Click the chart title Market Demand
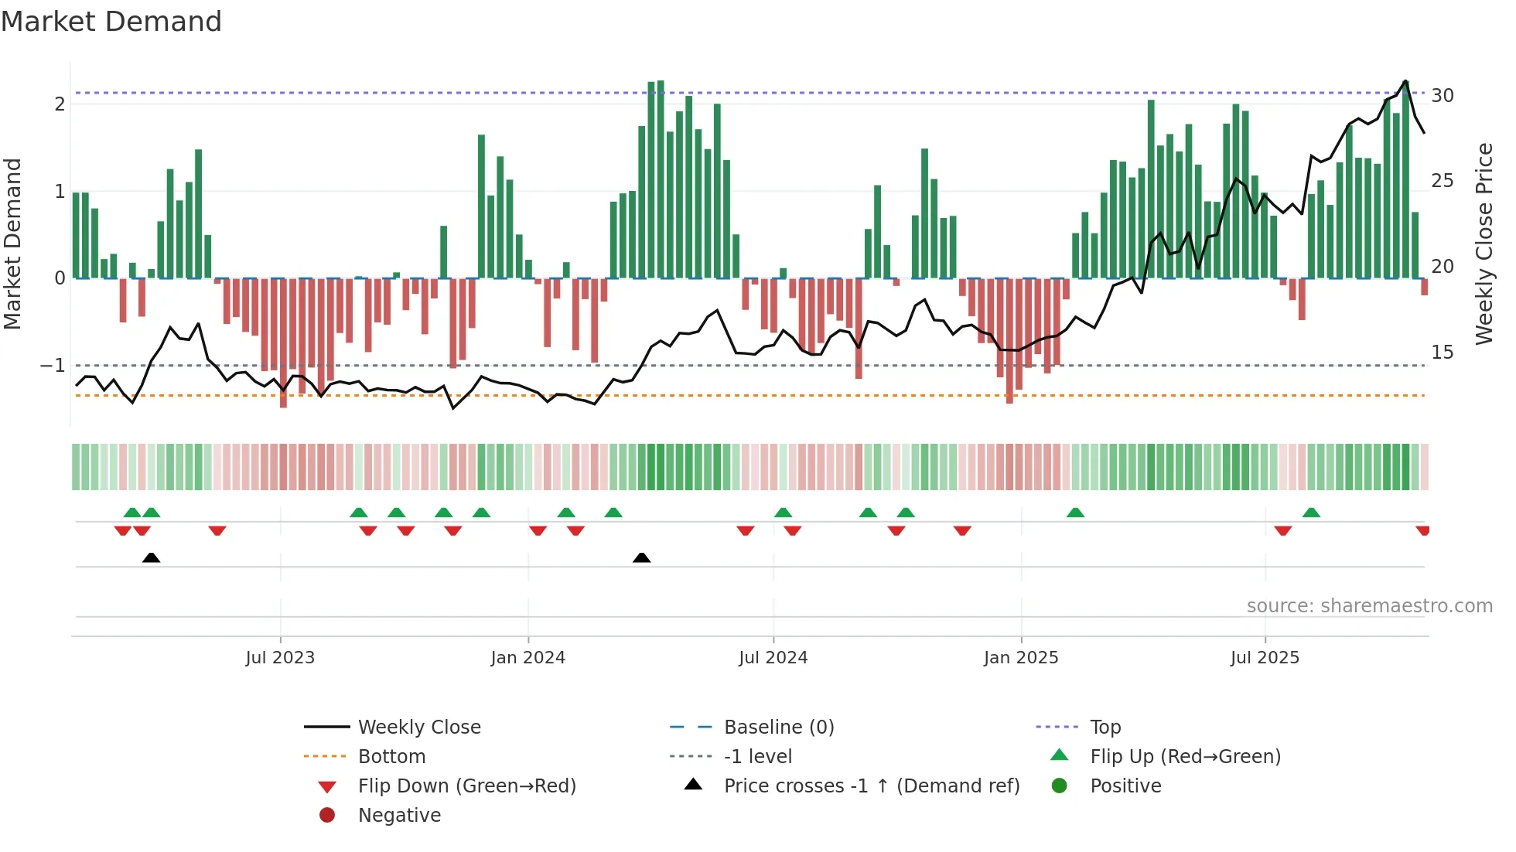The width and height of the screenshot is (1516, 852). pyautogui.click(x=111, y=22)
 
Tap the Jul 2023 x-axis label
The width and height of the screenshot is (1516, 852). pyautogui.click(x=280, y=658)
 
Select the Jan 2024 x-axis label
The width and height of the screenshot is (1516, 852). pyautogui.click(x=528, y=658)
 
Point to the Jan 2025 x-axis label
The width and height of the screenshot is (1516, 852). pyautogui.click(x=1021, y=658)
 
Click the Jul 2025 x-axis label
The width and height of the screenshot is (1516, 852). pyautogui.click(x=1265, y=658)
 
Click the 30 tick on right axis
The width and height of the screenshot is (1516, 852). pyautogui.click(x=1443, y=96)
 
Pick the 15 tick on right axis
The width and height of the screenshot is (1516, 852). pyautogui.click(x=1443, y=353)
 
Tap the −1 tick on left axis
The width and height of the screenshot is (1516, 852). pyautogui.click(x=53, y=365)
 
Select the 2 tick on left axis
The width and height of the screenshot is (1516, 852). pyautogui.click(x=60, y=104)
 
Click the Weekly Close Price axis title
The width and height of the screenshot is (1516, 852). pyautogui.click(x=1484, y=244)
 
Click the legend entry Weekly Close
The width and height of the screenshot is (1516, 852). pyautogui.click(x=419, y=728)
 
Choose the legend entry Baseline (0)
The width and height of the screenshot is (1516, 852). pyautogui.click(x=779, y=728)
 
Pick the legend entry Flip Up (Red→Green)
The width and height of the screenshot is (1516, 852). pyautogui.click(x=1185, y=757)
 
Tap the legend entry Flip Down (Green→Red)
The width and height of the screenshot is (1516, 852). pyautogui.click(x=466, y=786)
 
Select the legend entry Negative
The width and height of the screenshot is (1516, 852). pyautogui.click(x=399, y=816)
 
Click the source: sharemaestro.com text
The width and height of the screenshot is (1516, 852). pyautogui.click(x=1369, y=606)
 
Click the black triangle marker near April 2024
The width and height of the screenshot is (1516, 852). pyautogui.click(x=641, y=557)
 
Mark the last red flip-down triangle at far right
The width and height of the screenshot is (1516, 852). pyautogui.click(x=1423, y=530)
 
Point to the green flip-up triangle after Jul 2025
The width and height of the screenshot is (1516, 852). pyautogui.click(x=1311, y=513)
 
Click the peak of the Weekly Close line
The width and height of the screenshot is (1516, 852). pyautogui.click(x=1405, y=80)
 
